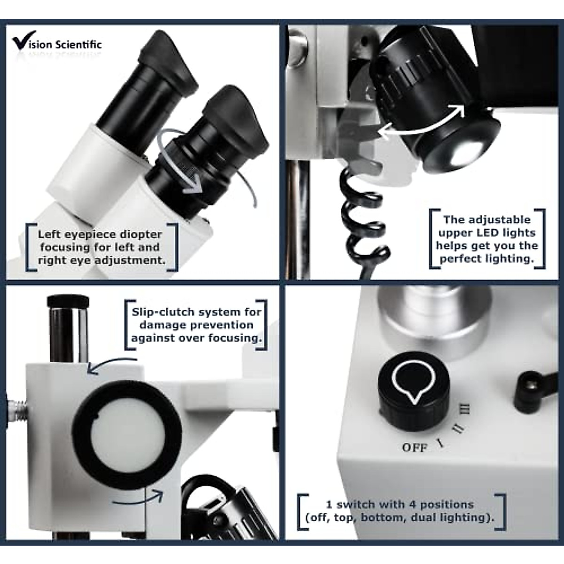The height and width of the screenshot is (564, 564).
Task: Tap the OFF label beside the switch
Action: (415, 447)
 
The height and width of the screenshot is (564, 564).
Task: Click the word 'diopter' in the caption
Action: (140, 234)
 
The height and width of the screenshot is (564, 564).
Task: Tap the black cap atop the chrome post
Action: (69, 301)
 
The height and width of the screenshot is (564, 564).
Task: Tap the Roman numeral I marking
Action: (440, 442)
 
